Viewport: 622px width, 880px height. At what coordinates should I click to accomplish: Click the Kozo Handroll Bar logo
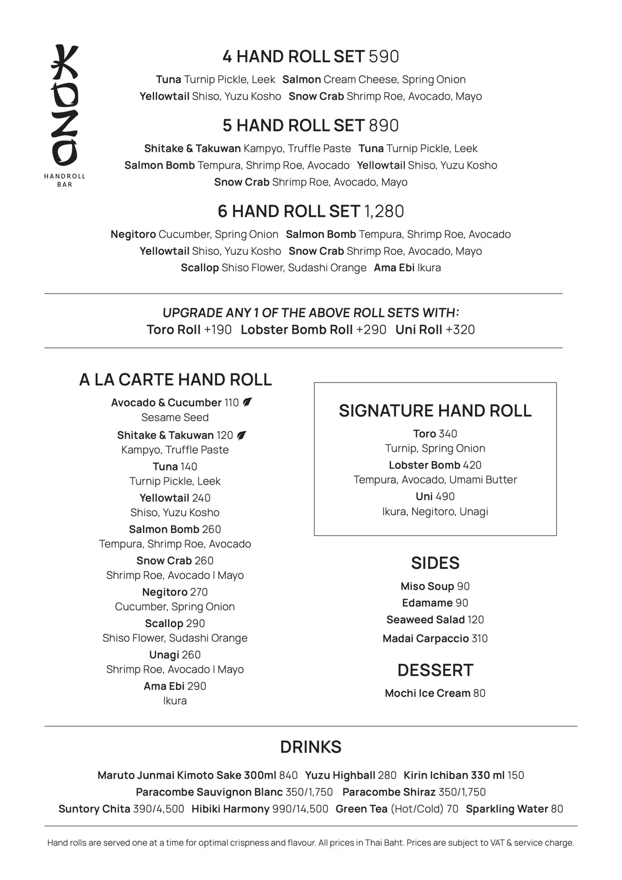click(x=65, y=115)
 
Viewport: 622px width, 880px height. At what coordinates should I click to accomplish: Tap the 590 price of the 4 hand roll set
click(x=384, y=57)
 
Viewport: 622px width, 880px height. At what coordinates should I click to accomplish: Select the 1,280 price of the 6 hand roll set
click(x=384, y=212)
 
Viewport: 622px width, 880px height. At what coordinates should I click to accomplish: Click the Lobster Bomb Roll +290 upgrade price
click(x=371, y=330)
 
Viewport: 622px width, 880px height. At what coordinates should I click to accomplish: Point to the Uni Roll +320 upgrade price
click(x=460, y=330)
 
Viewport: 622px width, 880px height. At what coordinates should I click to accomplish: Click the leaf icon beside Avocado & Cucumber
click(x=247, y=402)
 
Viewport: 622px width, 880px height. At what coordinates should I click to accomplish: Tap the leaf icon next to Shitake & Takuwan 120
click(x=242, y=435)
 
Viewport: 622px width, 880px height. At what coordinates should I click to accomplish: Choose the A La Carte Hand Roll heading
click(x=175, y=380)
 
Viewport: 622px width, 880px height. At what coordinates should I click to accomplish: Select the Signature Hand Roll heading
click(x=435, y=411)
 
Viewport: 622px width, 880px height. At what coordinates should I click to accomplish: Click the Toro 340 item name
click(x=424, y=434)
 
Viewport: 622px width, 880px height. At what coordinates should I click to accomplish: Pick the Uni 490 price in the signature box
click(x=445, y=496)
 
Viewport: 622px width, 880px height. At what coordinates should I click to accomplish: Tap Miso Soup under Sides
click(x=427, y=586)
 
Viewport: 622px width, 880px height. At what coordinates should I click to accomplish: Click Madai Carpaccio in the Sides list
click(x=426, y=638)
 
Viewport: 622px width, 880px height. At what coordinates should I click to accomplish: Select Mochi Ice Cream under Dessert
click(x=427, y=693)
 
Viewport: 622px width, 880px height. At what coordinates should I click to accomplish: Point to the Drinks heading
click(x=311, y=747)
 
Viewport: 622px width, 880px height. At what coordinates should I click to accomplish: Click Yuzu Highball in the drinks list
click(x=340, y=775)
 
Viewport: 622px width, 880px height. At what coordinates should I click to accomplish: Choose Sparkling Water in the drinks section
click(x=507, y=809)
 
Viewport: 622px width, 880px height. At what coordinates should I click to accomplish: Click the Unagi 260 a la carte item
click(x=175, y=655)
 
